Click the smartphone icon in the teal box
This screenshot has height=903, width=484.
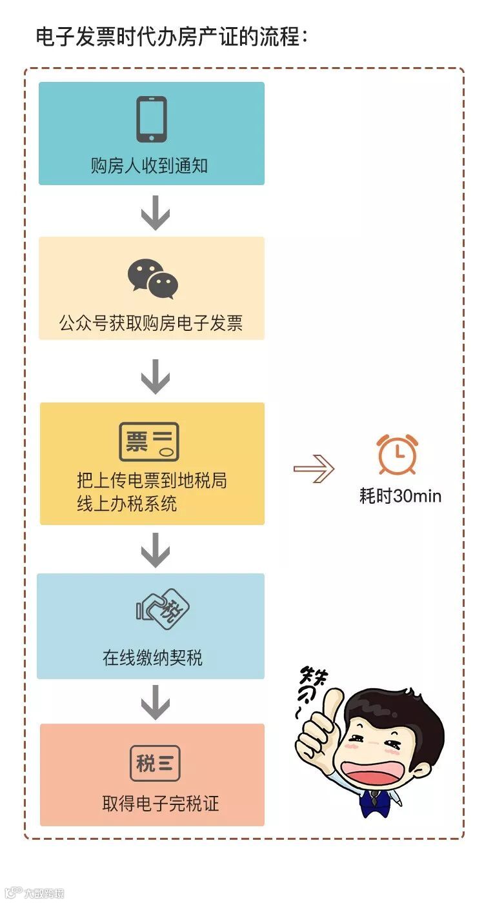coord(152,119)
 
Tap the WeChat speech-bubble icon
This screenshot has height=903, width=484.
coord(152,279)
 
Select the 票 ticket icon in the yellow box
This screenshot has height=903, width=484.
coord(149,442)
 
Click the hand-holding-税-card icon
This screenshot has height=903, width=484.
coord(163,610)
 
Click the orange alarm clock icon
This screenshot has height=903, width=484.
coord(398,454)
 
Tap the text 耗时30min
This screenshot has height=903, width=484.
coord(400,496)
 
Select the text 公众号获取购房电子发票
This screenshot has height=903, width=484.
coord(151,323)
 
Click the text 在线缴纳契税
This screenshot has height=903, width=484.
coord(152,657)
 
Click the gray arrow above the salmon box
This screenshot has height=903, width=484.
coord(155,701)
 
